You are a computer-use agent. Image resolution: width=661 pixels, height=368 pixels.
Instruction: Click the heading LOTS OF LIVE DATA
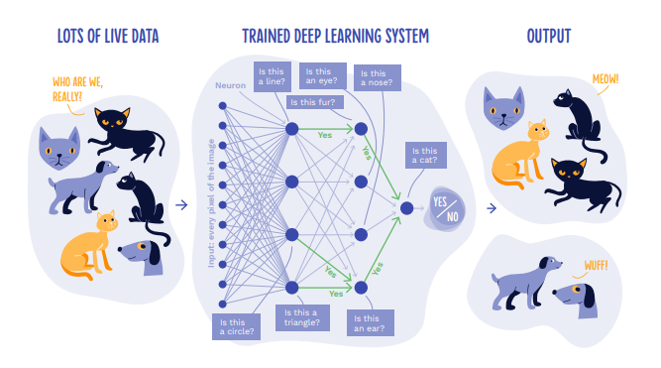pyautogui.click(x=108, y=38)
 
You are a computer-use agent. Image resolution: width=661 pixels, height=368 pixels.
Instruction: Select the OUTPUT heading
pyautogui.click(x=549, y=38)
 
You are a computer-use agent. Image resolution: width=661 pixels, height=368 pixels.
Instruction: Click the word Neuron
pyautogui.click(x=230, y=85)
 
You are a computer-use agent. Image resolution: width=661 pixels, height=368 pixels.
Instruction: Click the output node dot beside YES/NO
pyautogui.click(x=406, y=207)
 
